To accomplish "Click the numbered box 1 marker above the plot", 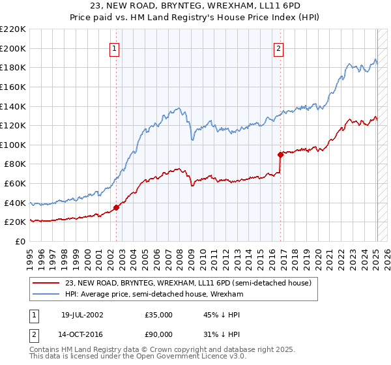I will pyautogui.click(x=115, y=48).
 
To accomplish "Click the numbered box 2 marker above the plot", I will pyautogui.click(x=278, y=48).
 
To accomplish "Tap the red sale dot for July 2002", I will pyautogui.click(x=117, y=208).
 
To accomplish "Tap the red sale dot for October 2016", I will pyautogui.click(x=281, y=154).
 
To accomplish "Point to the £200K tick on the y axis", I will pyautogui.click(x=13, y=48).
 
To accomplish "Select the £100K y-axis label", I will pyautogui.click(x=13, y=145).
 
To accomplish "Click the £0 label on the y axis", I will pyautogui.click(x=20, y=241).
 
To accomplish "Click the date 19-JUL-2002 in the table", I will pyautogui.click(x=81, y=314).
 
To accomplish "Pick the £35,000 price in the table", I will pyautogui.click(x=158, y=314).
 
